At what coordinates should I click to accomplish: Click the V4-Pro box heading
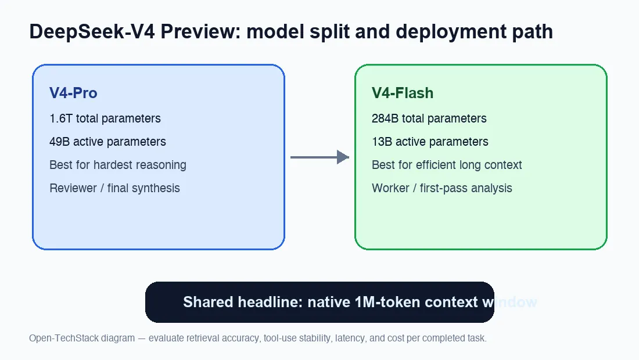click(73, 93)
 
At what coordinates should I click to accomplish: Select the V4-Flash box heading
click(403, 93)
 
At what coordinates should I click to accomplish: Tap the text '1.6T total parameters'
click(105, 118)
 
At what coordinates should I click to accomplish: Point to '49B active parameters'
click(107, 142)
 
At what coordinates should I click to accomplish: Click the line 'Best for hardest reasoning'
click(118, 165)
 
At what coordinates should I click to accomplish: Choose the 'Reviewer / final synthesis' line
click(114, 188)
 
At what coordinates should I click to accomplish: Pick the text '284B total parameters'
click(429, 118)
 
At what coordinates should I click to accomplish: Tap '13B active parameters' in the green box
click(430, 142)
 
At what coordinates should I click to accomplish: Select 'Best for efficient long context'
click(447, 165)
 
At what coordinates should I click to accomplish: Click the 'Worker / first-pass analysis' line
click(442, 188)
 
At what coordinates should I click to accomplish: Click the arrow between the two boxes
click(319, 157)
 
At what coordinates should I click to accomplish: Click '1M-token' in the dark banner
click(383, 303)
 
